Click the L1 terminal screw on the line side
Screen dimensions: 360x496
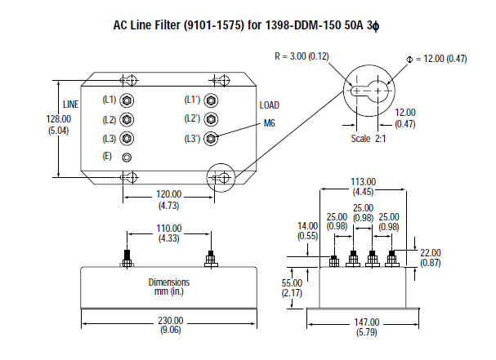(x=127, y=100)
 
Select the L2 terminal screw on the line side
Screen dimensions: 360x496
(x=127, y=120)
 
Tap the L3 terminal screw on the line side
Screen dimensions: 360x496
(x=127, y=139)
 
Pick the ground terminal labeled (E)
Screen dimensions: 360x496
(x=127, y=157)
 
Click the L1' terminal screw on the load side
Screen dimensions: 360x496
(x=212, y=100)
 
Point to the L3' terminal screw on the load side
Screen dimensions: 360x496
(x=212, y=139)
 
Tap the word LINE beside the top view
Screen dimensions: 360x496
(x=72, y=104)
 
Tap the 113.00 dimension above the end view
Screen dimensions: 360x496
(x=363, y=181)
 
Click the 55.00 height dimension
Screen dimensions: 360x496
(x=292, y=282)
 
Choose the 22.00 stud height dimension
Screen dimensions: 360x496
(x=430, y=253)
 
